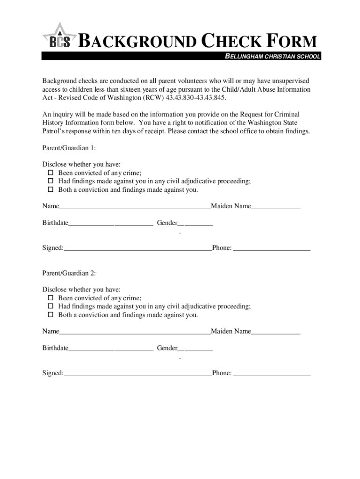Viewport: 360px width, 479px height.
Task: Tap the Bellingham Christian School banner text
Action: [273, 57]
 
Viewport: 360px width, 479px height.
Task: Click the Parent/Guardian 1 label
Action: [69, 148]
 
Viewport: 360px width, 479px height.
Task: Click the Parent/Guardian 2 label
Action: [69, 273]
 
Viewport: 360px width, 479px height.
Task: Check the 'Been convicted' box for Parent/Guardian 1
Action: [51, 173]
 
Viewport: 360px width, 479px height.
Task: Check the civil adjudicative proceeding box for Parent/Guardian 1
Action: [51, 181]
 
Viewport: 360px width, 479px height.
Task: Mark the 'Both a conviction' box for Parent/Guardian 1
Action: [51, 190]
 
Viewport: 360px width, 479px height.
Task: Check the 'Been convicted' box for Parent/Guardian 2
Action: [51, 298]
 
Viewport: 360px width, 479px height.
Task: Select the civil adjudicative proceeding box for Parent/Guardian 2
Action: [51, 307]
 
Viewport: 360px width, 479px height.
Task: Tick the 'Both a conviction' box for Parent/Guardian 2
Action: [51, 315]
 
